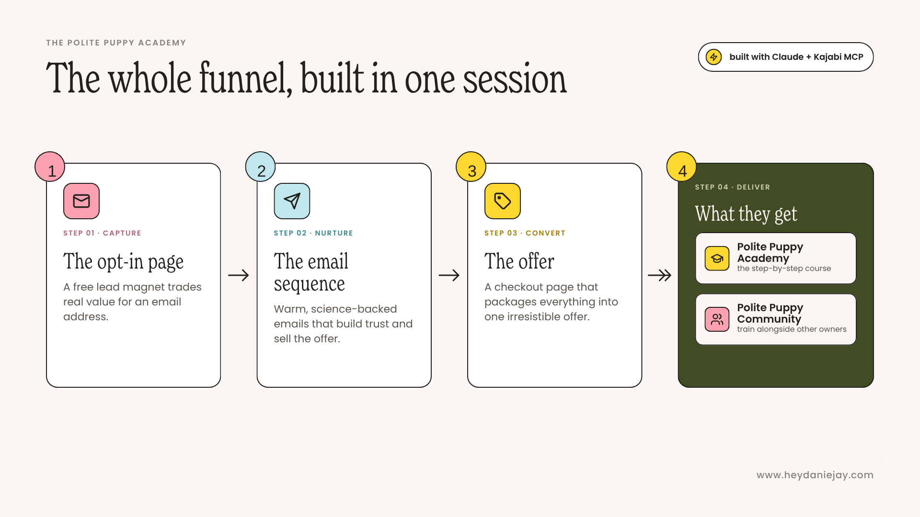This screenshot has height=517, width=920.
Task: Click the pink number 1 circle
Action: click(50, 167)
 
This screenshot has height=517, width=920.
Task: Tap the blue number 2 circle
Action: click(260, 167)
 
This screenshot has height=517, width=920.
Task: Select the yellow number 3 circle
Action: click(471, 167)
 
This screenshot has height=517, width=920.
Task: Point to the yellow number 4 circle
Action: click(681, 167)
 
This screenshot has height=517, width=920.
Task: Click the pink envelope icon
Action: click(81, 201)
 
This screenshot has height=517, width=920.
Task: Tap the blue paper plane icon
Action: click(292, 201)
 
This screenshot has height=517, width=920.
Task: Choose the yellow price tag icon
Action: click(503, 201)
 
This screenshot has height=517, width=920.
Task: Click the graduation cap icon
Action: click(717, 258)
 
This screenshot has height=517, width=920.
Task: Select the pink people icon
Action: click(717, 319)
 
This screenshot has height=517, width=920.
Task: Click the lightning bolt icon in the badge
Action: click(713, 57)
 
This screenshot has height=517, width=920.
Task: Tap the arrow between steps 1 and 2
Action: click(238, 275)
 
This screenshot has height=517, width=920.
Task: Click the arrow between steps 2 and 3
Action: click(449, 275)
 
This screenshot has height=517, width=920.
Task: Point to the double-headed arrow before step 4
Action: click(659, 275)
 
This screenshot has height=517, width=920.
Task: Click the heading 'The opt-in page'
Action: click(123, 262)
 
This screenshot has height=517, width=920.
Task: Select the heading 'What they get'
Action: click(746, 214)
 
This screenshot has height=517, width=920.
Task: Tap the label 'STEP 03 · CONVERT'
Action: click(525, 233)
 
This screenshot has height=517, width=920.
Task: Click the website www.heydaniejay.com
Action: click(815, 475)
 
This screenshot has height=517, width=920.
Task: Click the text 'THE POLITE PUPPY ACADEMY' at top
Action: click(116, 43)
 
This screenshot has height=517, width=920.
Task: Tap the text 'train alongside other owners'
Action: click(792, 329)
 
